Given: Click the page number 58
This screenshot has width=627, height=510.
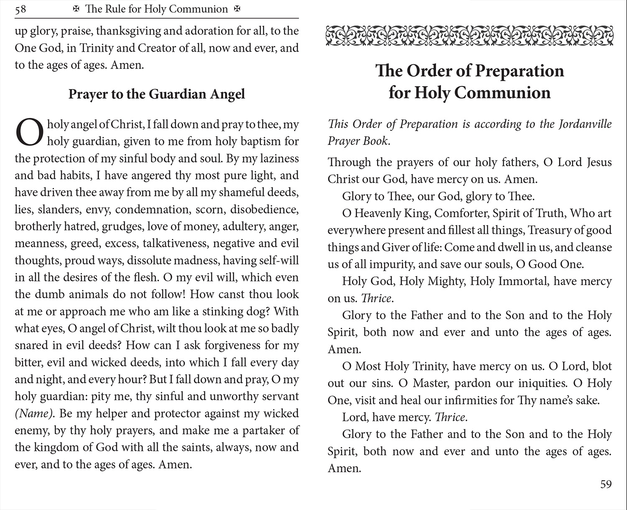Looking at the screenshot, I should coord(20,9).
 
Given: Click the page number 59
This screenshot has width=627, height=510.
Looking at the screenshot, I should coord(606,484).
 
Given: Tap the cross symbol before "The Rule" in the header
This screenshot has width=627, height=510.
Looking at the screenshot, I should coord(76,9).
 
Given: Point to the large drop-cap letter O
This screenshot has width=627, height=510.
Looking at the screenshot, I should coord(29,132).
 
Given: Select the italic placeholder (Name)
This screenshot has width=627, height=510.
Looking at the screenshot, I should coord(34,414).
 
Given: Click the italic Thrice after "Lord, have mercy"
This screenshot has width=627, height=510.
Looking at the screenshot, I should coord(451,417).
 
